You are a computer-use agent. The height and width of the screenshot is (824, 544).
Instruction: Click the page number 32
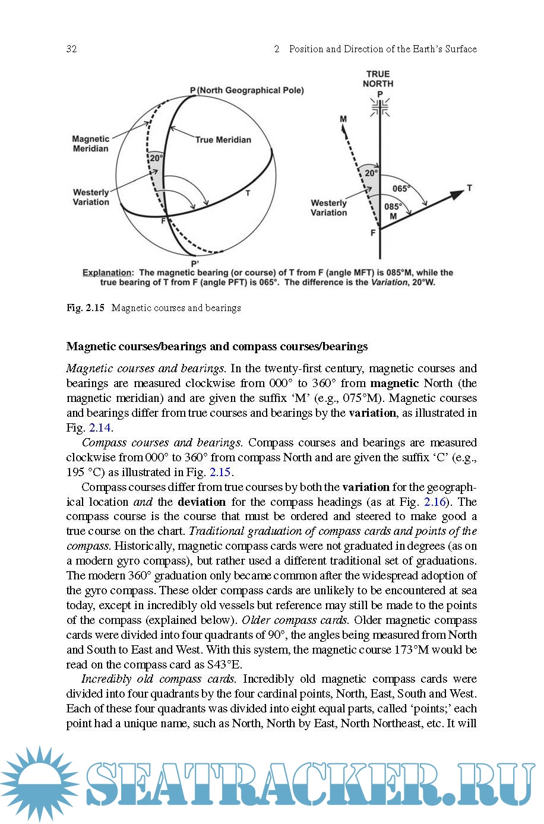pos(72,49)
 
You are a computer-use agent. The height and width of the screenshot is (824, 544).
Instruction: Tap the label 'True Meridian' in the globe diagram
pos(223,140)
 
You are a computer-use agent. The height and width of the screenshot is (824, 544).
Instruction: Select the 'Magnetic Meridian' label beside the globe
pos(90,144)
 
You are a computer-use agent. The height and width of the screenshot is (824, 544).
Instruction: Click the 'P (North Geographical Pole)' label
pos(246,90)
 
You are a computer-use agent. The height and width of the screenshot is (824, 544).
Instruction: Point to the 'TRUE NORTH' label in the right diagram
pos(378,79)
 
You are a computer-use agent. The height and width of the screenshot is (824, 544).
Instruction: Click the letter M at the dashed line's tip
pos(343,119)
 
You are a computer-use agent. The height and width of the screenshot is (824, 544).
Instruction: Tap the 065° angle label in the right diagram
pos(401,189)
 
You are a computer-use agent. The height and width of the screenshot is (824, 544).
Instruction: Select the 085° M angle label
pos(393,211)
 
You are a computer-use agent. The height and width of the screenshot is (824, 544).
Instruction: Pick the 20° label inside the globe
pos(156,159)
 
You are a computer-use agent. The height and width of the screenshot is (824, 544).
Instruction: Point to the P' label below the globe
pos(195,263)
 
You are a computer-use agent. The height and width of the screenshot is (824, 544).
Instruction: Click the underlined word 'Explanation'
pos(107,273)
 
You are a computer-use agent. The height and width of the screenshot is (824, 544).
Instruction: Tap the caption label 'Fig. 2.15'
pos(86,308)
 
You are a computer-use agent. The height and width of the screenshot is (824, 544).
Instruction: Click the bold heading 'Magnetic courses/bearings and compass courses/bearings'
pos(217,347)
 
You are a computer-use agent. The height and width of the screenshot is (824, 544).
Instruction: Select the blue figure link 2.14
pos(100,428)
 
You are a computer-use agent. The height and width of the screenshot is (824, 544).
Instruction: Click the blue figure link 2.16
pos(435,502)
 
